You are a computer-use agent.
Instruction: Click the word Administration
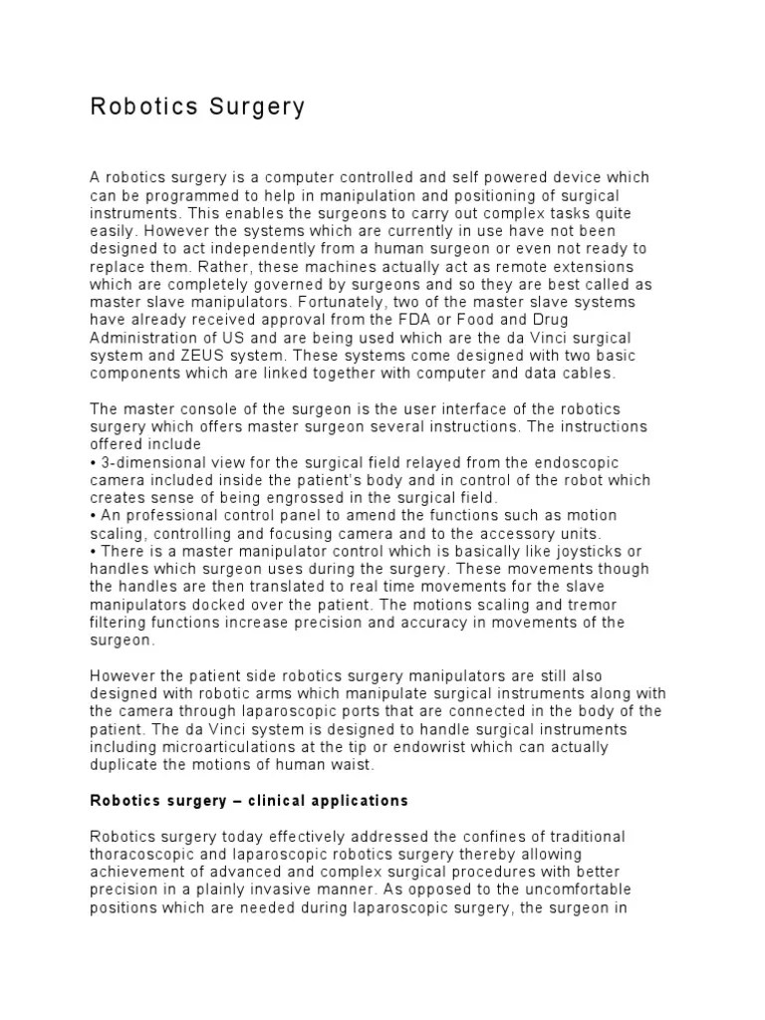pyautogui.click(x=138, y=336)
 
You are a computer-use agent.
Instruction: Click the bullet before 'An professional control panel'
pyautogui.click(x=93, y=516)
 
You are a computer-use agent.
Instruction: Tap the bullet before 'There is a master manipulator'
pyautogui.click(x=93, y=552)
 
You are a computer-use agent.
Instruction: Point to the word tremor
pyautogui.click(x=597, y=606)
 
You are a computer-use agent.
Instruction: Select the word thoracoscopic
pyautogui.click(x=140, y=854)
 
